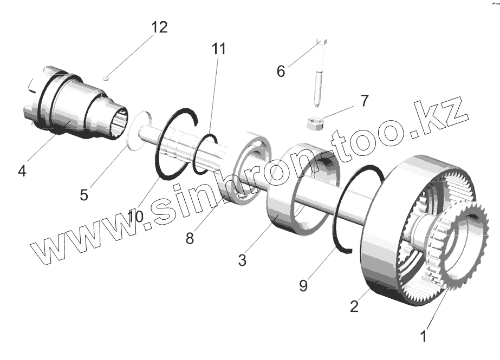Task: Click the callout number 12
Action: pyautogui.click(x=159, y=27)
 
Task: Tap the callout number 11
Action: pyautogui.click(x=219, y=49)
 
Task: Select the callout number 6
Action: pyautogui.click(x=280, y=71)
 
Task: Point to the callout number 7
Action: pyautogui.click(x=364, y=100)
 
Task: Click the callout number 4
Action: pyautogui.click(x=22, y=172)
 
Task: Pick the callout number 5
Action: pyautogui.click(x=83, y=194)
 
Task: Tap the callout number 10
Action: pyautogui.click(x=135, y=217)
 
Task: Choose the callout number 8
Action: pyautogui.click(x=190, y=238)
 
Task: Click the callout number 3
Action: pyautogui.click(x=242, y=260)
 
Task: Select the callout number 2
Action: pyautogui.click(x=354, y=306)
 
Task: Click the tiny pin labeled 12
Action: pyautogui.click(x=108, y=77)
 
